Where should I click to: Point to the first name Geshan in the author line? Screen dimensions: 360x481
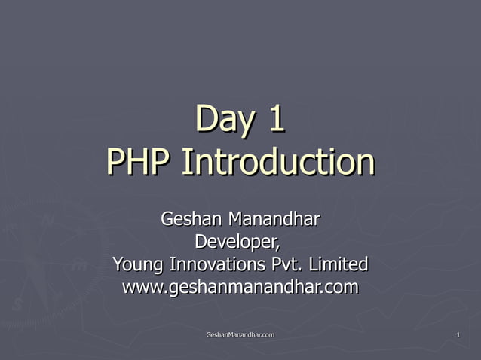point(188,220)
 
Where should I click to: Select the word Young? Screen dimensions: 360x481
point(139,265)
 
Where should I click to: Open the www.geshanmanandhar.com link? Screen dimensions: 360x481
point(240,288)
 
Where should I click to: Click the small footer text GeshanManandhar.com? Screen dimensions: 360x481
point(240,334)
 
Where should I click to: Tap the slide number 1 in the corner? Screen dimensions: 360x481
point(458,334)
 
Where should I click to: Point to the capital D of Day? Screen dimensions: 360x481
point(206,119)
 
